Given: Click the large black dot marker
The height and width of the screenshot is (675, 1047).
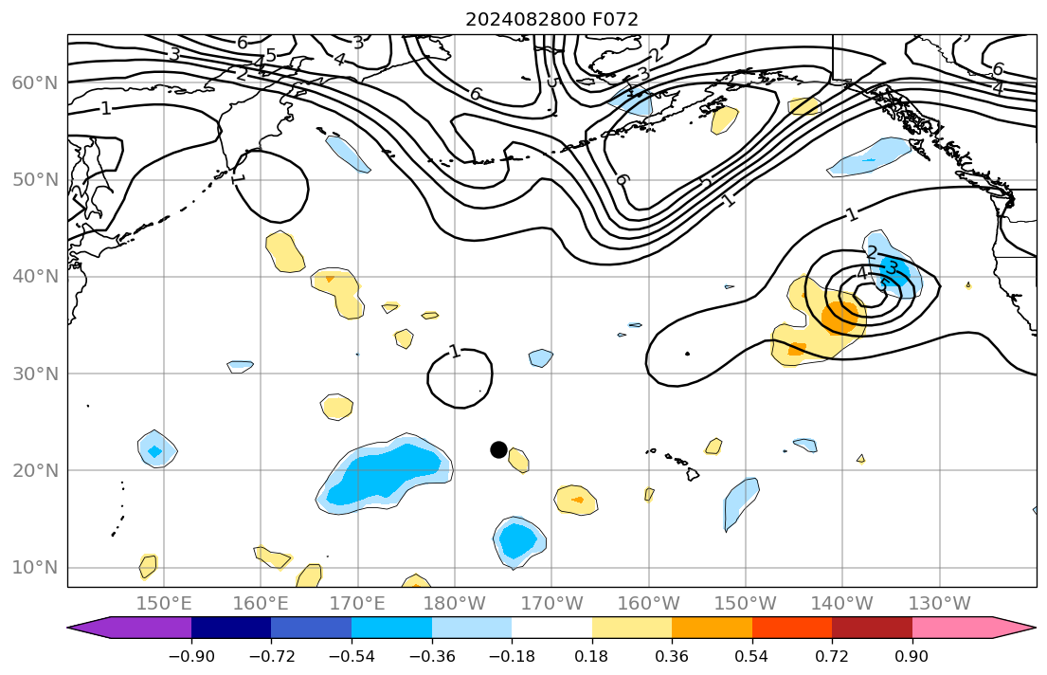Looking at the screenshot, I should [498, 449].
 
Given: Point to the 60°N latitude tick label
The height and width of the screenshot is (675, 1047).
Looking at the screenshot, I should [34, 83].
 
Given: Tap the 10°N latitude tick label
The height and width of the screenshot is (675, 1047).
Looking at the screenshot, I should [34, 568].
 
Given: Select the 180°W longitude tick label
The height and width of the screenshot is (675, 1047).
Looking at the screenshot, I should [456, 603].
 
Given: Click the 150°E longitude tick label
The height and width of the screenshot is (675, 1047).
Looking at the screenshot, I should [165, 603].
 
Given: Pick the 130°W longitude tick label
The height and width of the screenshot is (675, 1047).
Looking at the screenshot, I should [939, 603].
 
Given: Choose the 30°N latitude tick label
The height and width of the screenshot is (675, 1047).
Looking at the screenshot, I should [34, 374].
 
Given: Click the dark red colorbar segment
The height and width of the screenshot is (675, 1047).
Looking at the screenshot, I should [872, 628].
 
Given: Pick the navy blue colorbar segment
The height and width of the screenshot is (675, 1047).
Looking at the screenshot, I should [231, 628].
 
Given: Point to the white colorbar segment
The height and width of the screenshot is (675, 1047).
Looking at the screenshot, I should [551, 628].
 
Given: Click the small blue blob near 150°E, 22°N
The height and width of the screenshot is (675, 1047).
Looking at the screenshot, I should [155, 449].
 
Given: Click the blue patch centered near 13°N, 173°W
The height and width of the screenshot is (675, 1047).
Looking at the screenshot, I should [518, 541].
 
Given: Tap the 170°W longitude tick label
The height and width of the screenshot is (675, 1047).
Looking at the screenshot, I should [552, 603].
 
